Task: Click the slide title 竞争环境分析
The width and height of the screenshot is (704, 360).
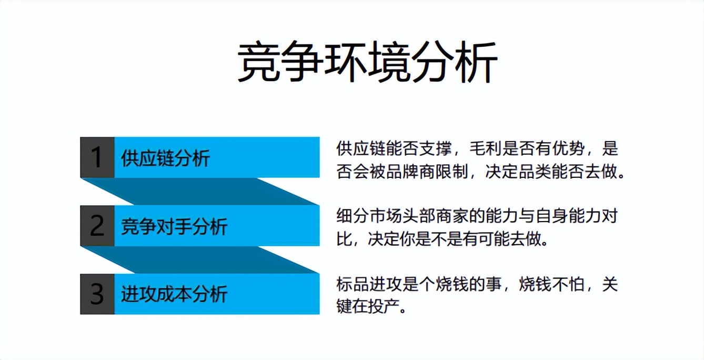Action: point(367,63)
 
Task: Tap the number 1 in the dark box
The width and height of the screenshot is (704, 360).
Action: point(97,157)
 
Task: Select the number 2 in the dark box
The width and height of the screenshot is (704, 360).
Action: point(97,226)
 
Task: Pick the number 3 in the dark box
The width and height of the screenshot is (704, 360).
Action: point(97,294)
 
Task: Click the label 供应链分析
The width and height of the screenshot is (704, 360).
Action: point(165,158)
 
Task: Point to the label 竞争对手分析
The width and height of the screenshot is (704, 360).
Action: point(174,226)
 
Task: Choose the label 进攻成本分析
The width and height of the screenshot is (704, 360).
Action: point(174,294)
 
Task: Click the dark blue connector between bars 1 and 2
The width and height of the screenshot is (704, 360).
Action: point(200,191)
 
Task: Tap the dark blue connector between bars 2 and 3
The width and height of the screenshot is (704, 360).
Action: point(200,259)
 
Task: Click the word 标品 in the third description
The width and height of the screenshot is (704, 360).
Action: point(350,284)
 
